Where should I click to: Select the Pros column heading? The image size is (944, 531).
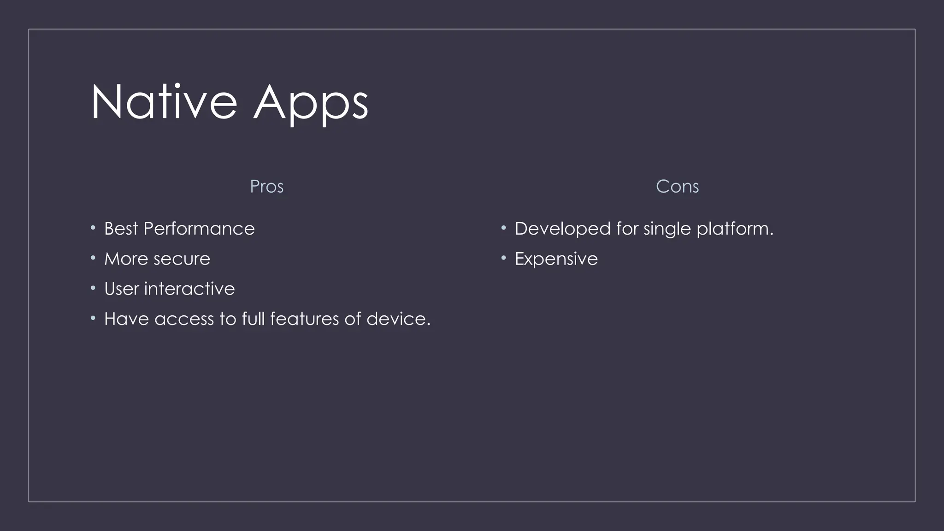(266, 187)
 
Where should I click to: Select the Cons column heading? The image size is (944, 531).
(677, 187)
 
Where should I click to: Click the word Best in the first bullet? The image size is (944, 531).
(121, 229)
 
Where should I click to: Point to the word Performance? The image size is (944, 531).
(199, 229)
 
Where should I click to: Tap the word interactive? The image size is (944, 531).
(189, 289)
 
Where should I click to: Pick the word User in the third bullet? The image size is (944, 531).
(122, 289)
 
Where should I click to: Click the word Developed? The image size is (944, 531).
(562, 229)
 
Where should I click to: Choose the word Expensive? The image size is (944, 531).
(556, 259)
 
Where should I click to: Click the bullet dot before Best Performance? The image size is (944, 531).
(93, 228)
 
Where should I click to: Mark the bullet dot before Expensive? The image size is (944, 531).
(504, 258)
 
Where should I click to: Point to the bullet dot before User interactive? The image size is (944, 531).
(93, 288)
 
